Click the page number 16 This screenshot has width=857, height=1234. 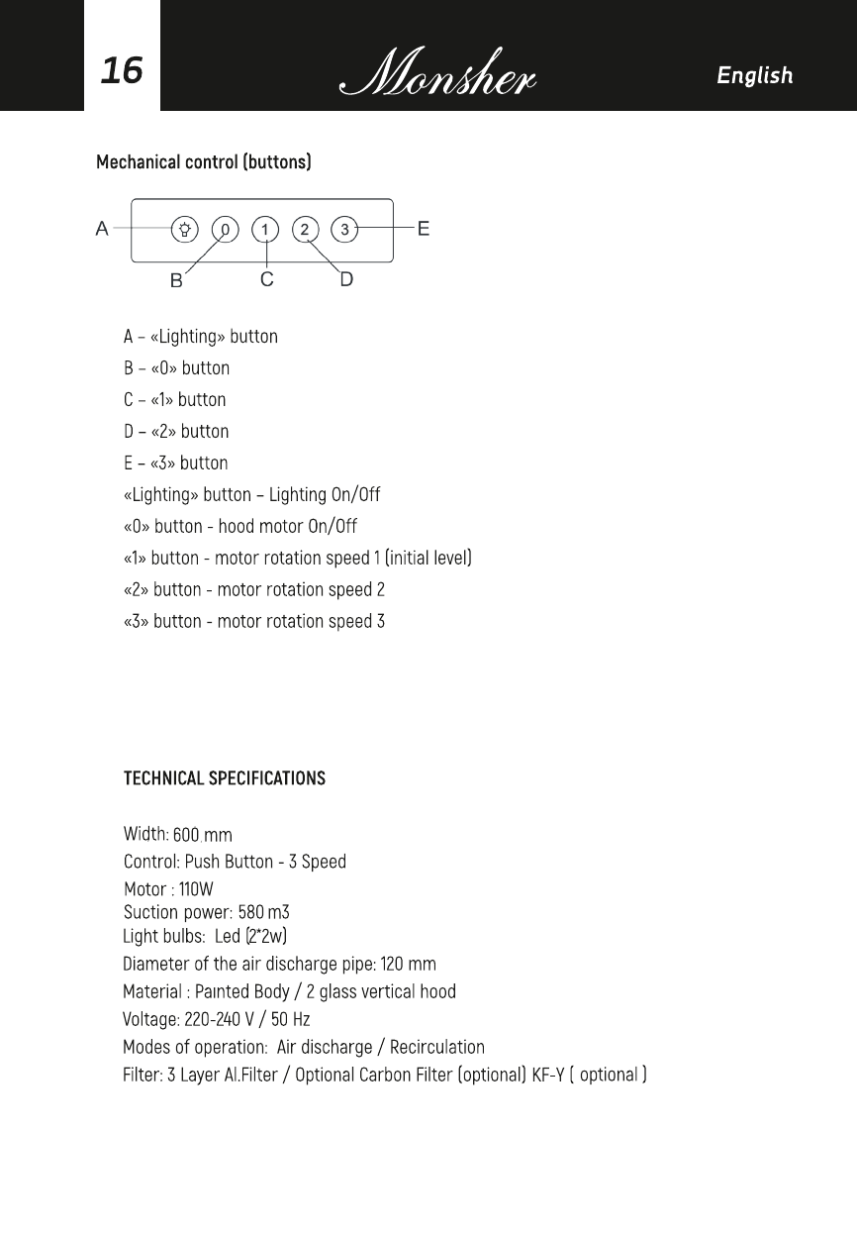(122, 70)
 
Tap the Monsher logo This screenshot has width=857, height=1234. (437, 73)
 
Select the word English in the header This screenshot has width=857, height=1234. (754, 75)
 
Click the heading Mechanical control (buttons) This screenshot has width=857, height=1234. (203, 161)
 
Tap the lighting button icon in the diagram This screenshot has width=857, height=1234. (185, 230)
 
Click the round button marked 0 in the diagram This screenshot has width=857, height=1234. (226, 230)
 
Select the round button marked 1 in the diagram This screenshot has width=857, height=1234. (265, 230)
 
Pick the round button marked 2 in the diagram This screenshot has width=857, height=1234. (305, 230)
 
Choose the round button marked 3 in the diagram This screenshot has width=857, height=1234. (344, 230)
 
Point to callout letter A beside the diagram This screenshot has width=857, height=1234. (102, 229)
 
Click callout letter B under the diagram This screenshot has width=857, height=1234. (176, 280)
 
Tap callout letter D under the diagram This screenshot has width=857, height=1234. (346, 279)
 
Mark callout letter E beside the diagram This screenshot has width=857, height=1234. (424, 229)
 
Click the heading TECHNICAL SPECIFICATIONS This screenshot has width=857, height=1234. (224, 778)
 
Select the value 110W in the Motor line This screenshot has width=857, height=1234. (195, 889)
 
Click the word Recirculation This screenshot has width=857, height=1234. (436, 1047)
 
